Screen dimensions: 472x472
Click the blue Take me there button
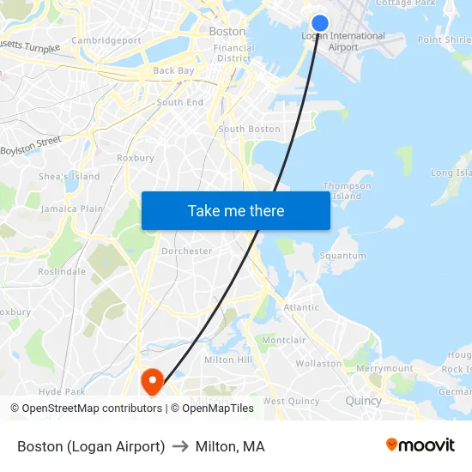236,210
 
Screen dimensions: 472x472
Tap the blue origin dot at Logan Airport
320,23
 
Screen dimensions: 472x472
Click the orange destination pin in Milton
153,381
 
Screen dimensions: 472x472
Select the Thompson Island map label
347,191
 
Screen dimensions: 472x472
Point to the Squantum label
342,256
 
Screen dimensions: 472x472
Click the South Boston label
249,130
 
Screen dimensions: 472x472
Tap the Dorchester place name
186,251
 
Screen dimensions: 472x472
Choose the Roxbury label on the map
135,158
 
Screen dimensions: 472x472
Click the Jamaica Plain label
72,209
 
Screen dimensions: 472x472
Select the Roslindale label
62,271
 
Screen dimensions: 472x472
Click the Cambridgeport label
106,40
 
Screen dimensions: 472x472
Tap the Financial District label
234,53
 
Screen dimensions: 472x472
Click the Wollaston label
318,363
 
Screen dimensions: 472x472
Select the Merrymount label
384,368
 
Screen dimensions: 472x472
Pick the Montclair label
284,341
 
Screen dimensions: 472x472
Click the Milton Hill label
228,360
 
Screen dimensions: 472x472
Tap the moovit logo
421,445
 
